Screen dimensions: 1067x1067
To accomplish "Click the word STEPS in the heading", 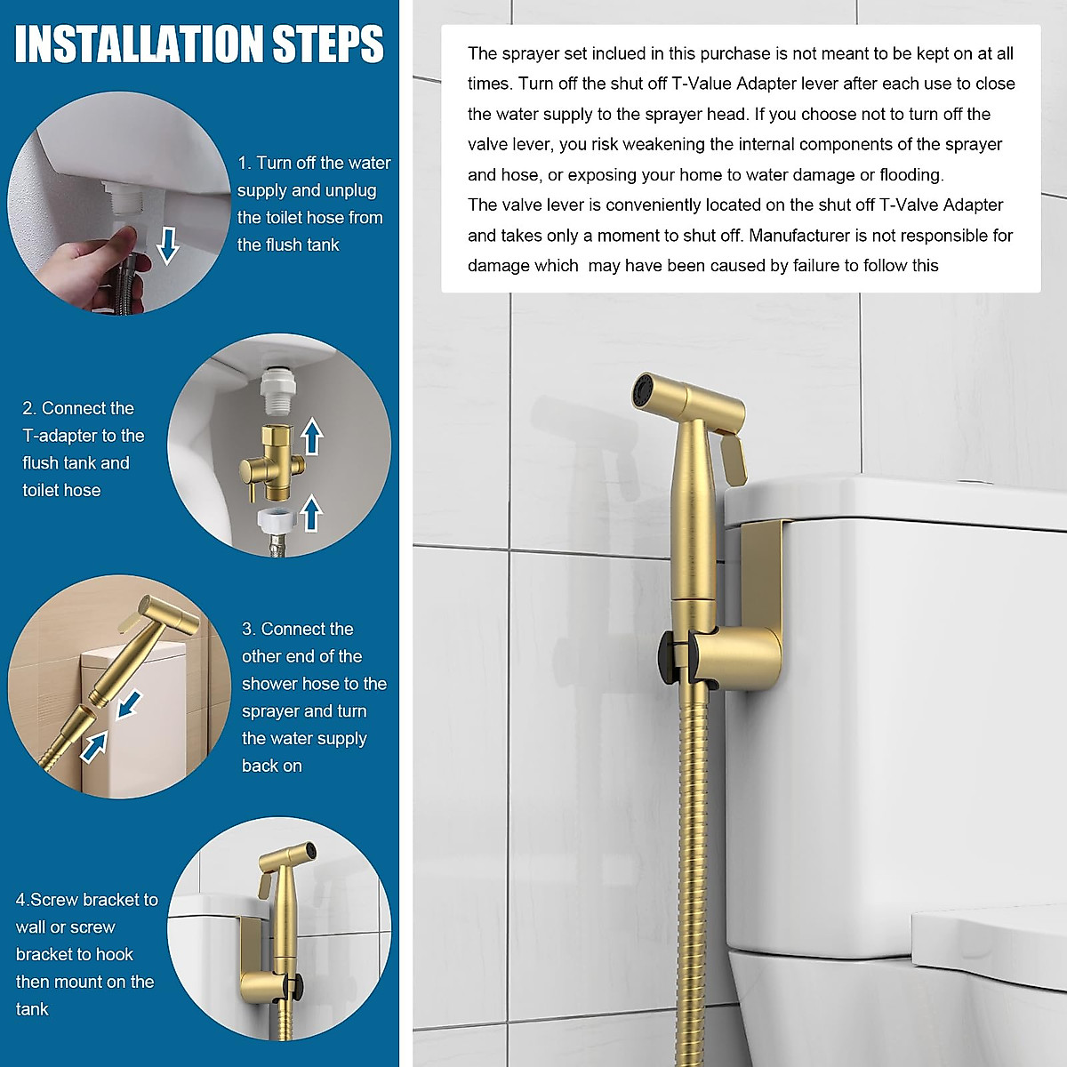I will tap(327, 44).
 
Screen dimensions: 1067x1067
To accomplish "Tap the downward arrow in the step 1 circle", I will tap(167, 245).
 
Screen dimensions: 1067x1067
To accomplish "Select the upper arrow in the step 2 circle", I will tap(311, 437).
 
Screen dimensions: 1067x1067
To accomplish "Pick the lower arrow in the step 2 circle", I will tap(311, 513).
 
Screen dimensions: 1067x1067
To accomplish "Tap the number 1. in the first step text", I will tap(245, 163).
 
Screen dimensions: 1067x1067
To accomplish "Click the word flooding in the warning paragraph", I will tap(911, 175).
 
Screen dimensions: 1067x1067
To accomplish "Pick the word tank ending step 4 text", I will tap(32, 1009).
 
